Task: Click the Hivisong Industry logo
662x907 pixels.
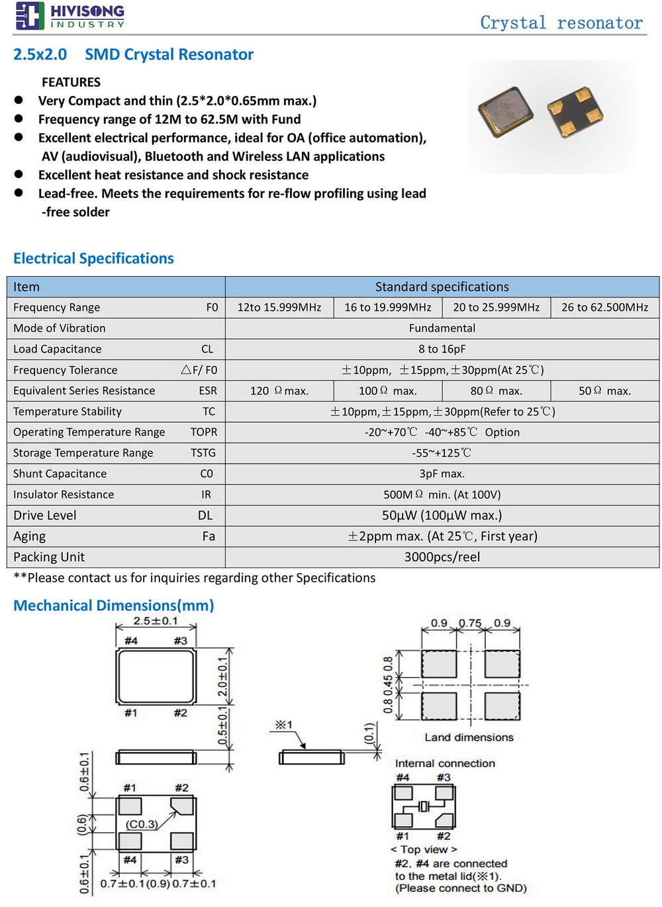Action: click(x=69, y=16)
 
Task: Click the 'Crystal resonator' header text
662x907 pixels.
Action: click(x=561, y=23)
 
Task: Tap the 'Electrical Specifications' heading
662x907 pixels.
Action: click(x=93, y=258)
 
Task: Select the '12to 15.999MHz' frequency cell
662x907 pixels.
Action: click(x=279, y=307)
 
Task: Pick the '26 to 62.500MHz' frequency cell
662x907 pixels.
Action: click(x=604, y=307)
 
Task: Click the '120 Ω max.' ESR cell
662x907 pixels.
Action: click(x=279, y=391)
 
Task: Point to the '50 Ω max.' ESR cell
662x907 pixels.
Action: click(x=604, y=391)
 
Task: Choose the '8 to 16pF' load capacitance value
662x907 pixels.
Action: click(x=442, y=349)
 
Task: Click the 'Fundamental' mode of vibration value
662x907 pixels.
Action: click(x=442, y=328)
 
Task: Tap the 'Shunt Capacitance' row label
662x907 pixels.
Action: click(x=60, y=474)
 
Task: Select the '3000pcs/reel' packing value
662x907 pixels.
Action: click(x=442, y=557)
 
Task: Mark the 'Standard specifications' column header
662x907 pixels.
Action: click(x=442, y=287)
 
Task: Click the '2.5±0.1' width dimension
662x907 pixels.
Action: click(x=156, y=621)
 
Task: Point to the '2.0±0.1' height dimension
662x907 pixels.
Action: click(x=223, y=676)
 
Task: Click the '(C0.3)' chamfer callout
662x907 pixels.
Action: click(x=142, y=824)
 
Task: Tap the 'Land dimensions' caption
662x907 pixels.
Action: click(x=469, y=737)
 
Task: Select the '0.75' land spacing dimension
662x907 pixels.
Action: click(x=470, y=623)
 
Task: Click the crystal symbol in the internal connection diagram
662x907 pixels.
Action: click(x=424, y=806)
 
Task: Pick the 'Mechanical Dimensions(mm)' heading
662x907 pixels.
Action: click(x=114, y=606)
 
